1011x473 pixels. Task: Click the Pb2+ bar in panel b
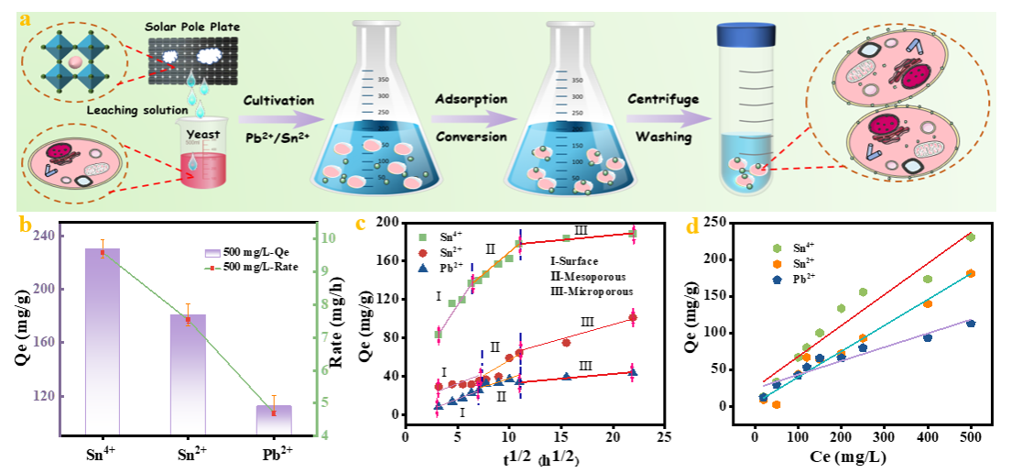click(x=273, y=418)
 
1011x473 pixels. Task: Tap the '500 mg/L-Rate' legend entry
click(x=249, y=266)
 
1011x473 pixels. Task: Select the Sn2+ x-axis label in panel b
click(x=188, y=451)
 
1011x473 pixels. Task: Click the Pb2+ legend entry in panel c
click(x=446, y=268)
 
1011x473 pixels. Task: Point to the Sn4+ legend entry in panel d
click(x=801, y=247)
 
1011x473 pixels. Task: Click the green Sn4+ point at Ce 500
click(x=970, y=237)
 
